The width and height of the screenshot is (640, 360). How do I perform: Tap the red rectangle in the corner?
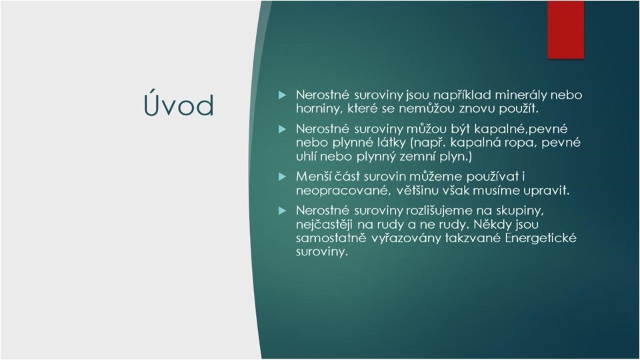pos(565,30)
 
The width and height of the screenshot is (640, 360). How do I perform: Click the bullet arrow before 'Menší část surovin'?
pos(283,177)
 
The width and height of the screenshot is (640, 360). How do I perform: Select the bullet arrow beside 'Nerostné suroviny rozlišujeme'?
pos(283,211)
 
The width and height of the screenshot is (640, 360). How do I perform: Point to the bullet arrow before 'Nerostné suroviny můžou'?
pos(283,129)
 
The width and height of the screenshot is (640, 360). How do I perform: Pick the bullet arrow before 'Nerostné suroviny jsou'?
pos(283,95)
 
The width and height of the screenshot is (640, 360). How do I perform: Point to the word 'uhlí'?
pos(306,156)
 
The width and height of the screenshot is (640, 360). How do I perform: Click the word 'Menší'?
pos(313,177)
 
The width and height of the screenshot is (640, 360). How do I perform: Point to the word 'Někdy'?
pos(491,225)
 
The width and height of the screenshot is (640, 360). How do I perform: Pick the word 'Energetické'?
pos(541,239)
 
